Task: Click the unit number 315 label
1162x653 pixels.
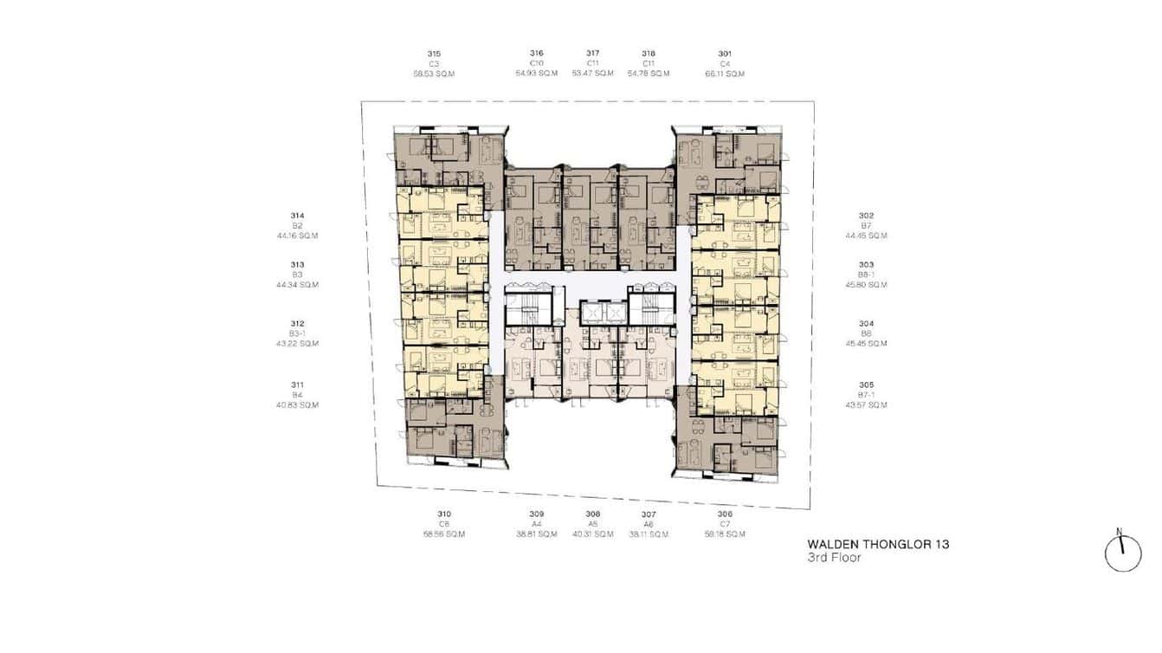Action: point(434,54)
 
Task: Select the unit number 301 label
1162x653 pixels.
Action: point(725,54)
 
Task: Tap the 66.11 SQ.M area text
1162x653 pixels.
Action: point(725,74)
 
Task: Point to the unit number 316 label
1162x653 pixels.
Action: point(537,54)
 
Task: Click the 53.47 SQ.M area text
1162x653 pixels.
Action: point(593,74)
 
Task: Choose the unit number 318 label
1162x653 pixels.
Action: point(649,54)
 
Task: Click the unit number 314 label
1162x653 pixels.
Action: point(297,216)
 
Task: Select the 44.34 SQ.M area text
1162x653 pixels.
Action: point(297,285)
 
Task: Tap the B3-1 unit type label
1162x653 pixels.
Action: point(297,333)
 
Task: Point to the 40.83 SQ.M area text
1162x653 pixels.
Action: point(297,405)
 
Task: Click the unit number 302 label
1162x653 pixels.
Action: point(866,216)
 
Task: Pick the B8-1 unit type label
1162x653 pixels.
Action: point(866,275)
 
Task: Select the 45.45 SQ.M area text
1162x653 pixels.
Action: point(866,344)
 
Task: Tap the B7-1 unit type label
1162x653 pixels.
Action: point(866,395)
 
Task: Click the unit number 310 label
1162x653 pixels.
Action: point(444,514)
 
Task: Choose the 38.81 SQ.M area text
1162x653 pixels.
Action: point(537,534)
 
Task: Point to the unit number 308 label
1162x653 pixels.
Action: point(593,514)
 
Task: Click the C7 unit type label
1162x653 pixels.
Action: point(725,524)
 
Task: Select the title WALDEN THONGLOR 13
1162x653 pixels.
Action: point(878,545)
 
